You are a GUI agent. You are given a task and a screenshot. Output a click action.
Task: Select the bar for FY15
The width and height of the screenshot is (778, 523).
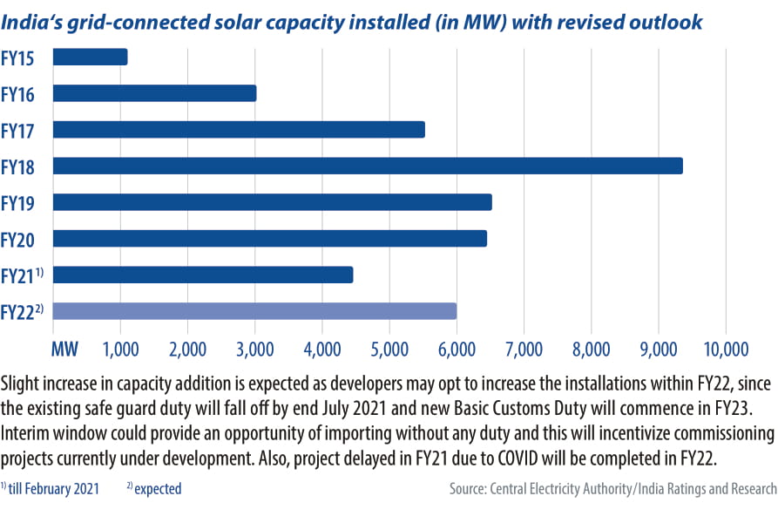pyautogui.click(x=91, y=57)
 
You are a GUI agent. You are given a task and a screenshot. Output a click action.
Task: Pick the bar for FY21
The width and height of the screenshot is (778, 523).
pyautogui.click(x=203, y=275)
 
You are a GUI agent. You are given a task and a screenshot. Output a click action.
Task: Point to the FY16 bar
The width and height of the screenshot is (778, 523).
pyautogui.click(x=154, y=93)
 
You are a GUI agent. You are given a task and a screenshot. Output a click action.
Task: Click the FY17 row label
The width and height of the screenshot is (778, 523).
pyautogui.click(x=17, y=130)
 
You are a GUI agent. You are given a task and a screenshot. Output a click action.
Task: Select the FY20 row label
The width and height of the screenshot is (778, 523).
pyautogui.click(x=17, y=239)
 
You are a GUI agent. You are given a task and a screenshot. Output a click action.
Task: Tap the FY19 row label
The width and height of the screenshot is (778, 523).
pyautogui.click(x=17, y=202)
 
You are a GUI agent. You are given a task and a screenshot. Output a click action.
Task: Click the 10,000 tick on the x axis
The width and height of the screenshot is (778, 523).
pyautogui.click(x=725, y=350)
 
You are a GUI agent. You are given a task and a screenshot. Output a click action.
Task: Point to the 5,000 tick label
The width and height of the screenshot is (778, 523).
pyautogui.click(x=389, y=350)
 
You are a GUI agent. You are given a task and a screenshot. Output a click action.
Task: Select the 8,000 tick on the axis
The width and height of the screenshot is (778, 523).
pyautogui.click(x=591, y=350)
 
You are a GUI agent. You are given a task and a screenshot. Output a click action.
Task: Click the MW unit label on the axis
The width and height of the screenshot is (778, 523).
pyautogui.click(x=64, y=350)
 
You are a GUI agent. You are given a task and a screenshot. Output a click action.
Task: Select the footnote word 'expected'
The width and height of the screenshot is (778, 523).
pyautogui.click(x=158, y=489)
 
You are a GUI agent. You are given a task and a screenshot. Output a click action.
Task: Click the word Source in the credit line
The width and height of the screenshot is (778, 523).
pyautogui.click(x=471, y=489)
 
